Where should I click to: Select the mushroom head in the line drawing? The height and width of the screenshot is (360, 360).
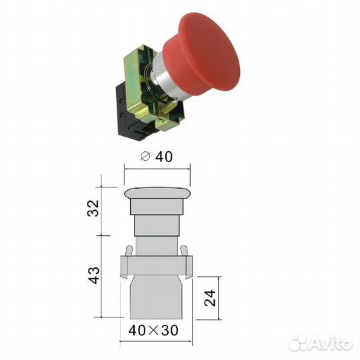pyautogui.click(x=157, y=194)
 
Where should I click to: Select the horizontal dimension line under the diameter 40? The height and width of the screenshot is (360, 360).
pyautogui.click(x=157, y=169)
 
